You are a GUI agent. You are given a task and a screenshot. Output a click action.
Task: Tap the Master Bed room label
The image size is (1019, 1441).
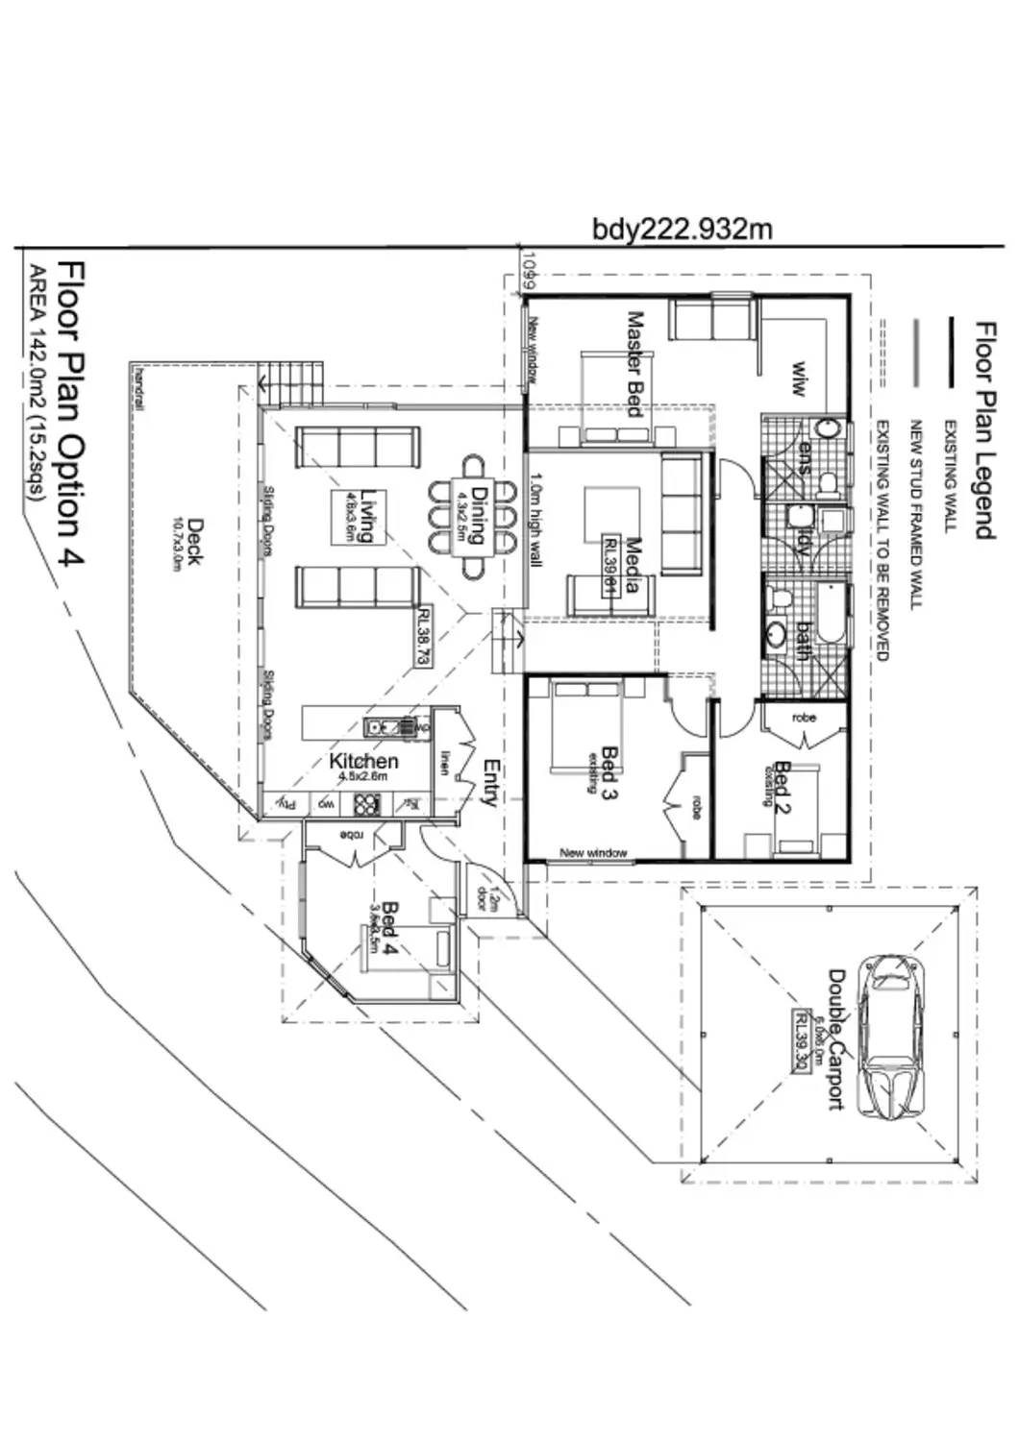[634, 362]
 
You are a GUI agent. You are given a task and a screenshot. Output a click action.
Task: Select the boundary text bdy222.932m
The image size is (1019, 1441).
[682, 230]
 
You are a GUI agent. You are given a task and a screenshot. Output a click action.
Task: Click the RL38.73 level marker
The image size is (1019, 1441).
[423, 635]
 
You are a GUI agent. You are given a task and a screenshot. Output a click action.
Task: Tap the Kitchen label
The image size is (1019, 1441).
[363, 762]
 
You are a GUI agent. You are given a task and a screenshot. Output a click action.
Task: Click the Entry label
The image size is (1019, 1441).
[491, 783]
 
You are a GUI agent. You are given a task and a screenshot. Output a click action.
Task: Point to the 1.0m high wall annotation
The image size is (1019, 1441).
[536, 519]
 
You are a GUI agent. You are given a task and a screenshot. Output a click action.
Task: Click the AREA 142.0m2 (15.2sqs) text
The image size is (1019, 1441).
[37, 383]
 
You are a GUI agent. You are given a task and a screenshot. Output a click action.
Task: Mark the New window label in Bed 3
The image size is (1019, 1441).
[593, 852]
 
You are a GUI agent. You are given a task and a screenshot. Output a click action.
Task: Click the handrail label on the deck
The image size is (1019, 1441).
[141, 387]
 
